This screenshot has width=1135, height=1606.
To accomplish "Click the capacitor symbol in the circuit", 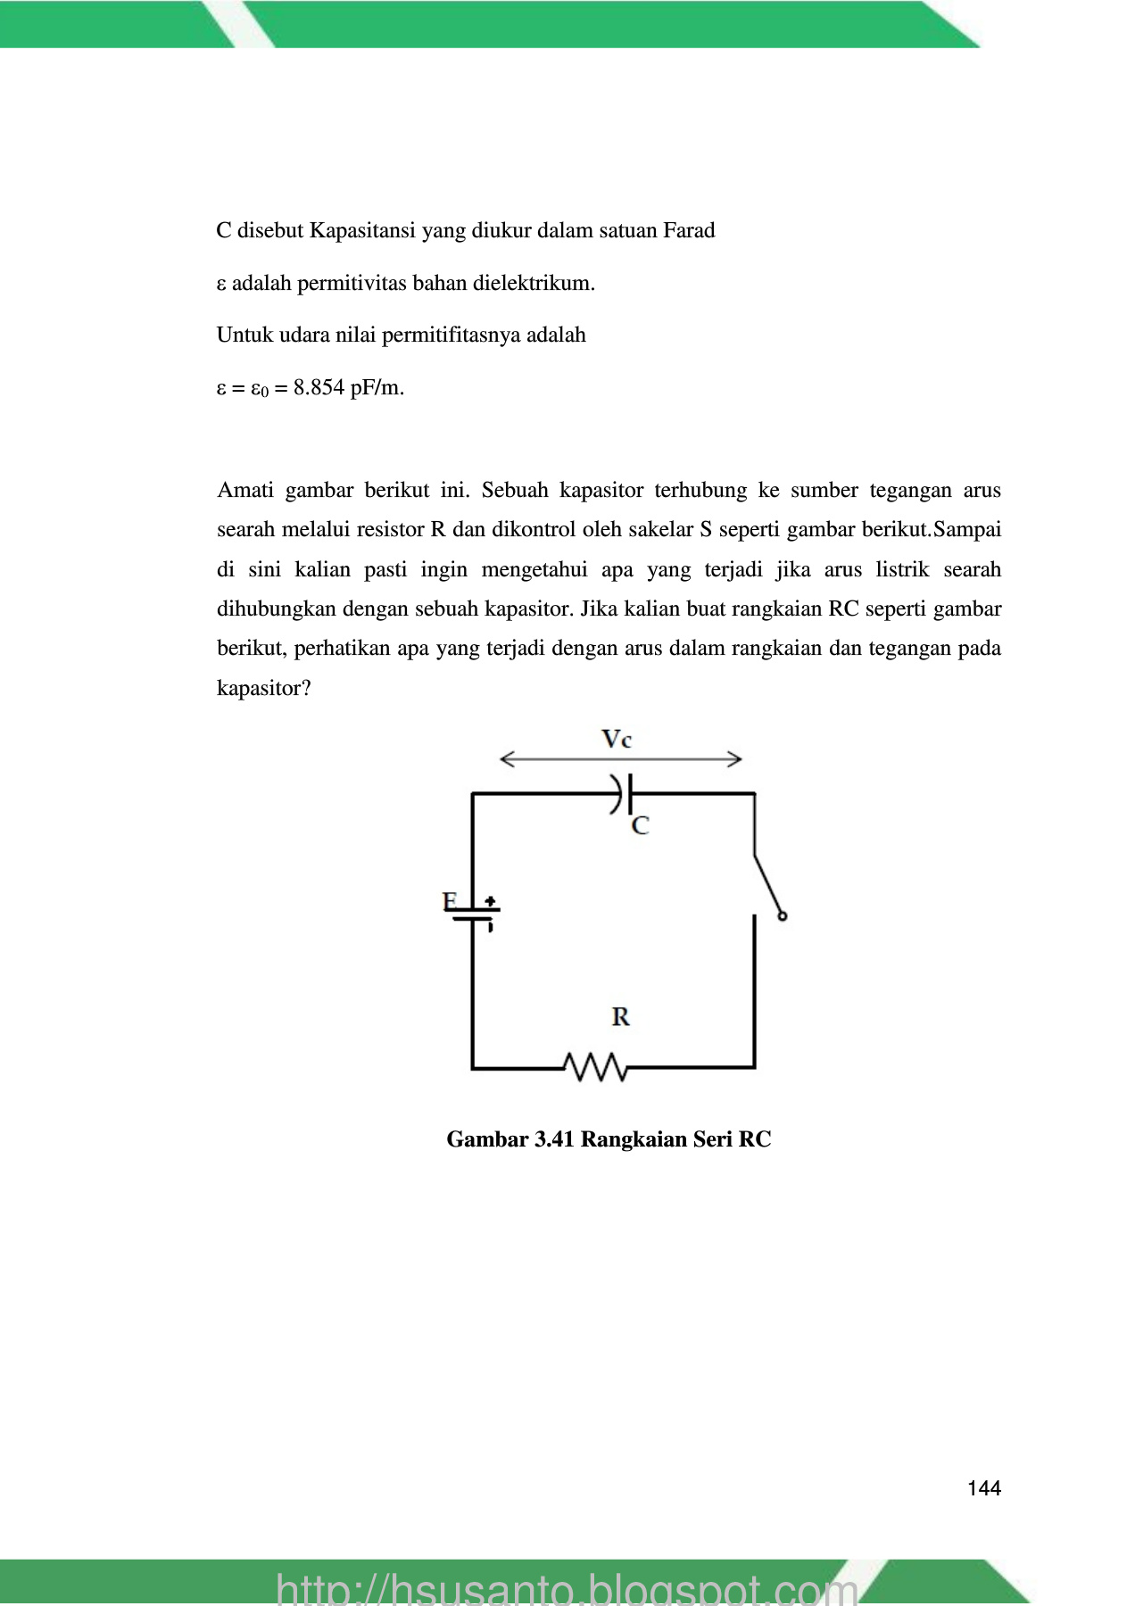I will point(623,792).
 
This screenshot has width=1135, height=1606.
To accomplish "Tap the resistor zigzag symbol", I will point(596,1066).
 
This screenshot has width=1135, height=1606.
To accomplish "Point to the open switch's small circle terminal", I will point(783,916).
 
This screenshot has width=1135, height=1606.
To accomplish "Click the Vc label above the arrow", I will point(617,739).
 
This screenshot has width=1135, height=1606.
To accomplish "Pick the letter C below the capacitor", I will point(640,826).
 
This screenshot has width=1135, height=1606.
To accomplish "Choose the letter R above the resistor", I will point(621,1016).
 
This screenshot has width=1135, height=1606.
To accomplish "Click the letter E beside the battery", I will point(451,901).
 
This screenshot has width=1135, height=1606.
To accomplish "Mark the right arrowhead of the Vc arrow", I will point(735,759).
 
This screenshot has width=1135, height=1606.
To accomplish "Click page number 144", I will point(984,1488).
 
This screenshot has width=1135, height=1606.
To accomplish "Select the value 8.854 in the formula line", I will point(319,388).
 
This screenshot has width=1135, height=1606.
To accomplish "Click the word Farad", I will point(689,231).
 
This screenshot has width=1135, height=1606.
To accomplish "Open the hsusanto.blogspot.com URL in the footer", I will point(567,1588).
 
